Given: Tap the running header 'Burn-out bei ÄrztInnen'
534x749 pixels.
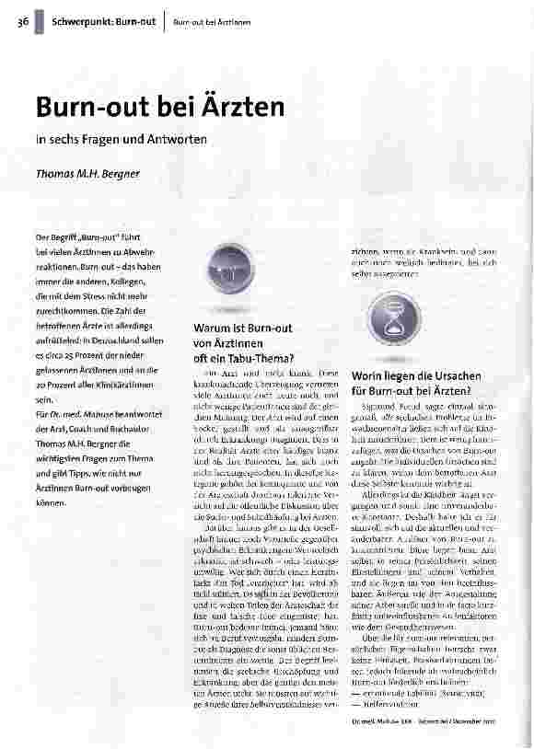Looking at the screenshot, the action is click(209, 20).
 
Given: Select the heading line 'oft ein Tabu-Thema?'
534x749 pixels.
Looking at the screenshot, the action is click(242, 358).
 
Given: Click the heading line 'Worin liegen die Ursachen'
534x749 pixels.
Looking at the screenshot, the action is click(416, 374).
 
